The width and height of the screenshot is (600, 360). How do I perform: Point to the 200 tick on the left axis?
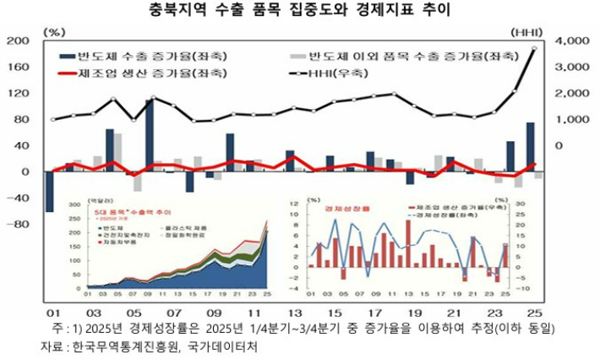(x=18, y=41)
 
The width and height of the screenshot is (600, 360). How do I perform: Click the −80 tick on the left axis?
(x=17, y=225)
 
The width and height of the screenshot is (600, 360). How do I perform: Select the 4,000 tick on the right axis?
(x=574, y=41)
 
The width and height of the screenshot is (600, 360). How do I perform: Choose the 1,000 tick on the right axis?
(x=574, y=119)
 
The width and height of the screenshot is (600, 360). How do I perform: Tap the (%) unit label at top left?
(x=57, y=31)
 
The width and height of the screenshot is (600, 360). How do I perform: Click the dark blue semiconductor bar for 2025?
(x=531, y=147)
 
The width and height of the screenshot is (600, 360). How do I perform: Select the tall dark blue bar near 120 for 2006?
(x=150, y=135)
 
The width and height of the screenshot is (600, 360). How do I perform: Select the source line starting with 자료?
(x=149, y=346)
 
